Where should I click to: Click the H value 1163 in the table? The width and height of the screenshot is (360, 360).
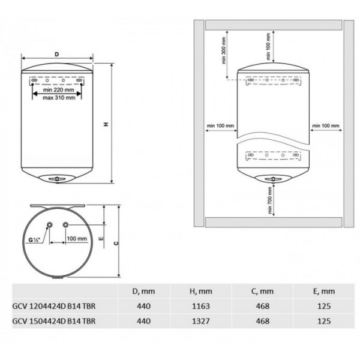pyautogui.click(x=201, y=306)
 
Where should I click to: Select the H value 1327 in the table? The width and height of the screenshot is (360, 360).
pyautogui.click(x=201, y=321)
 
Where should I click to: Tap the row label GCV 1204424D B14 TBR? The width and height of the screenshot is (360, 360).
pyautogui.click(x=54, y=306)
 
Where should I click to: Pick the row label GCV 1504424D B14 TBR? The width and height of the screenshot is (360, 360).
pyautogui.click(x=54, y=321)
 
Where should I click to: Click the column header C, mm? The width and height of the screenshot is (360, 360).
pyautogui.click(x=262, y=292)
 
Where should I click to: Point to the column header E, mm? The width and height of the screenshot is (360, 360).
pyautogui.click(x=324, y=292)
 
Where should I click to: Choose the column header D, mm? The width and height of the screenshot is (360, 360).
pyautogui.click(x=143, y=292)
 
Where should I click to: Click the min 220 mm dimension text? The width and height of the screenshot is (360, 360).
pyautogui.click(x=59, y=90)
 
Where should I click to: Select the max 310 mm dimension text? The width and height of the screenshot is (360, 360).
pyautogui.click(x=59, y=98)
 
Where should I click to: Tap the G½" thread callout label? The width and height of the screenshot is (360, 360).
pyautogui.click(x=34, y=240)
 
